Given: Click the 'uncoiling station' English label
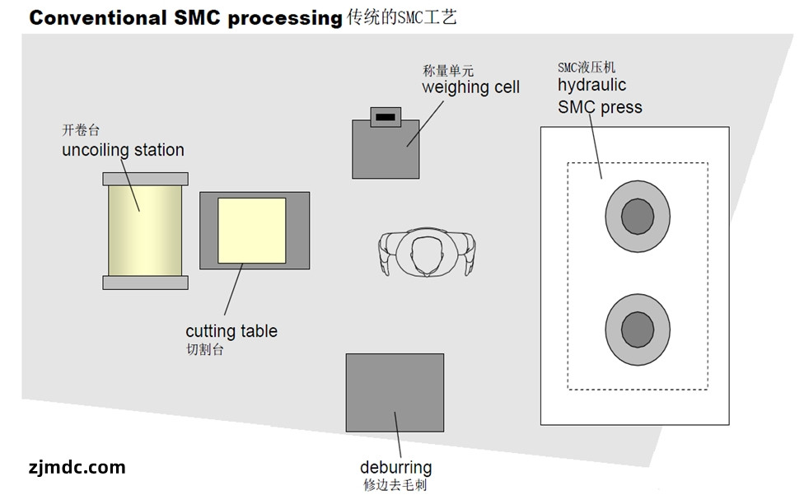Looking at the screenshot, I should [x=123, y=150].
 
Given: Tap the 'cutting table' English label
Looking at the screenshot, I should [x=231, y=331].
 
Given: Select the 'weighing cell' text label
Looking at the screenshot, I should [x=470, y=87].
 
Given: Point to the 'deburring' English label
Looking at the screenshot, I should [x=395, y=468].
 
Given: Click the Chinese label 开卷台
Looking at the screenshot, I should [x=81, y=130].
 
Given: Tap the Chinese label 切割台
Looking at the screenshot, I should [x=204, y=350].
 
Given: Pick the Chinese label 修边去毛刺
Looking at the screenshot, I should [x=395, y=485].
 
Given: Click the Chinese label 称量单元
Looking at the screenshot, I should [x=448, y=71].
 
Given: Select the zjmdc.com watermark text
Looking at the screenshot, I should [x=76, y=468].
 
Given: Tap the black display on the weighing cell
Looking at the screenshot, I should [x=385, y=118].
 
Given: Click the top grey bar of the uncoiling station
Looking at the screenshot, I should [x=145, y=179].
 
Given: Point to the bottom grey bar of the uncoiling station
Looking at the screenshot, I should [x=145, y=283].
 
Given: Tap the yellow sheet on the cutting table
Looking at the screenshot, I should [x=251, y=231].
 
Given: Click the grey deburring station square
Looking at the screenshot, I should [x=395, y=393].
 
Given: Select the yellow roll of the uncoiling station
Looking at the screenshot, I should [x=145, y=231].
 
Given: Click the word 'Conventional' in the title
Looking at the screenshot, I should [x=96, y=18].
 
